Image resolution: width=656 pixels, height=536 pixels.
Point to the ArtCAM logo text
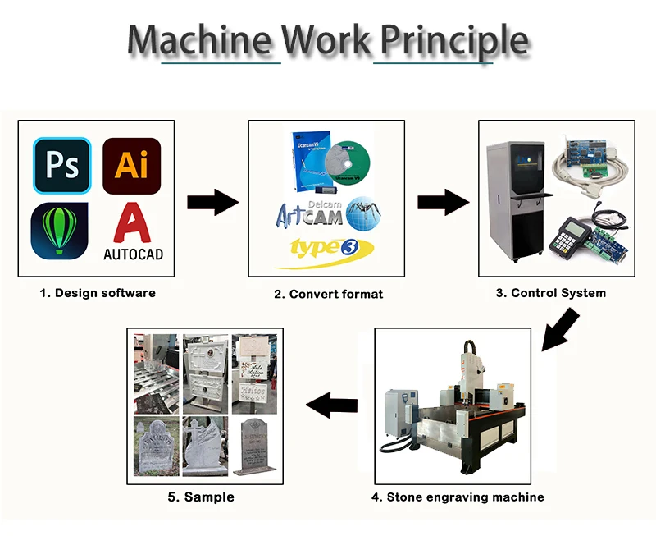(308, 215)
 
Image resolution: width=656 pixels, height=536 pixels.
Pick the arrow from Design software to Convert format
(212, 202)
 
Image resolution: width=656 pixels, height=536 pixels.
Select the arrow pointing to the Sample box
(331, 404)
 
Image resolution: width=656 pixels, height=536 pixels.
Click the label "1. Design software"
(98, 292)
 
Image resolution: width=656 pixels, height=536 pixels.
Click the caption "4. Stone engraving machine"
(457, 497)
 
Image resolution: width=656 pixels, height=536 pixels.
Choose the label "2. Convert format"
(328, 293)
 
